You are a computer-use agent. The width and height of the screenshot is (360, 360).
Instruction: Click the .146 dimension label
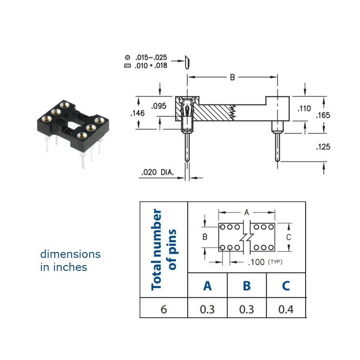click(137, 114)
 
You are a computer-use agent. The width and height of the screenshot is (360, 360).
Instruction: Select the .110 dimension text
click(304, 108)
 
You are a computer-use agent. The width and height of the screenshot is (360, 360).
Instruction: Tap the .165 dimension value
click(323, 115)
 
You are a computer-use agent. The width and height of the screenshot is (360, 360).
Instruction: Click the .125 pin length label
click(323, 147)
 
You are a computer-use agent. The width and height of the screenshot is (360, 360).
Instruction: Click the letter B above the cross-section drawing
click(233, 77)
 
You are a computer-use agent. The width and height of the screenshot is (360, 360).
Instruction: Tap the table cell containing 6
click(163, 309)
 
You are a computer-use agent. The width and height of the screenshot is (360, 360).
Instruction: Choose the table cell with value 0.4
click(286, 309)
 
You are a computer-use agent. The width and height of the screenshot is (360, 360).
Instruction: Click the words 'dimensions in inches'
click(70, 261)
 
